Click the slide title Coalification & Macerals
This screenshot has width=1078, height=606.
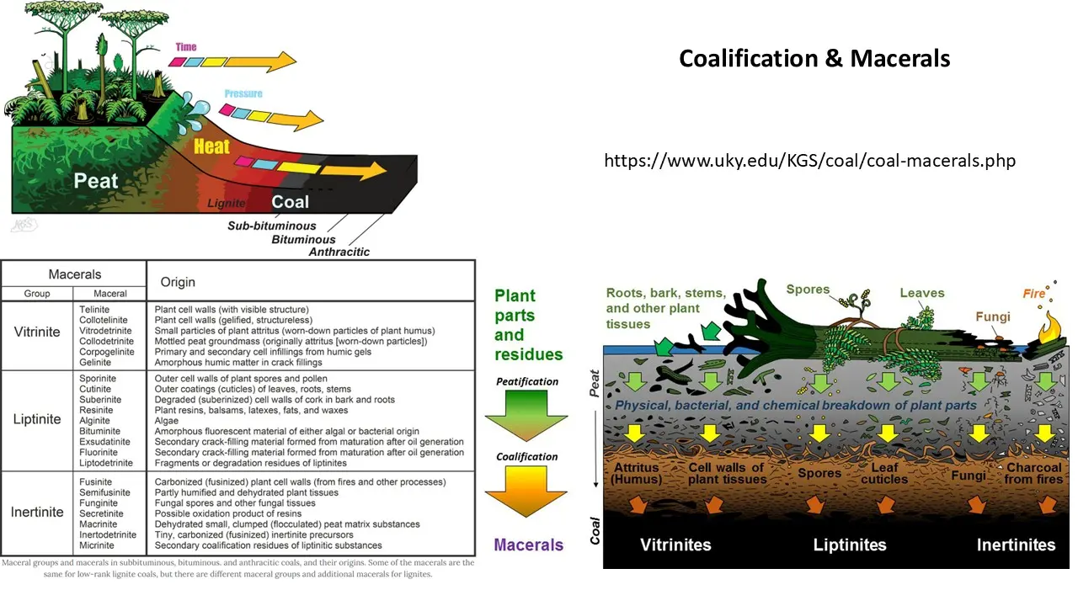(x=814, y=58)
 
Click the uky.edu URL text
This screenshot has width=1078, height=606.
(x=809, y=160)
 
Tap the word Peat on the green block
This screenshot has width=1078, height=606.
(x=96, y=180)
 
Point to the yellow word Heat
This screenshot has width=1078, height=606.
(x=211, y=146)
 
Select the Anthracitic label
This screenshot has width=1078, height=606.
(x=339, y=252)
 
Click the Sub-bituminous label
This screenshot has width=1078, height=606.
(x=272, y=226)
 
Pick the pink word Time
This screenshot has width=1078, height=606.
(x=186, y=47)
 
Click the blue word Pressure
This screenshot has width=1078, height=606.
(x=243, y=93)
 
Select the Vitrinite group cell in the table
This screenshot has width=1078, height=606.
(x=37, y=332)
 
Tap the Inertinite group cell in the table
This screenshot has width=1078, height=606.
(x=37, y=512)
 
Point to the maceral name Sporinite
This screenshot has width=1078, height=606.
(x=94, y=380)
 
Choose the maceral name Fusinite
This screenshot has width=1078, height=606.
(x=93, y=482)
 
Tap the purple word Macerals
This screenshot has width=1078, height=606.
(x=528, y=545)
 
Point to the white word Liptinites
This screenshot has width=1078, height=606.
(x=850, y=545)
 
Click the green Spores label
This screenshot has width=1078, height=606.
(x=808, y=290)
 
